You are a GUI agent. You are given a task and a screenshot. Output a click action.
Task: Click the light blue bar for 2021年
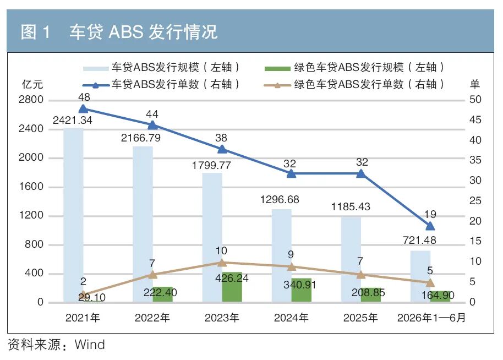tap(73, 215)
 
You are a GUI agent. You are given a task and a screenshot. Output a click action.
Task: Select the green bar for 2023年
tap(232, 287)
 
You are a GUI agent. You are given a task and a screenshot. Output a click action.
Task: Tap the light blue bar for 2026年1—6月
tap(420, 276)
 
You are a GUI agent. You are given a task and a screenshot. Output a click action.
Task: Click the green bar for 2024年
tap(301, 290)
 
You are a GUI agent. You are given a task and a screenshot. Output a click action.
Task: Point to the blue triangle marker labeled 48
tap(83, 108)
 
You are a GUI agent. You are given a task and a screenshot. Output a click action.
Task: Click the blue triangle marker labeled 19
tap(430, 226)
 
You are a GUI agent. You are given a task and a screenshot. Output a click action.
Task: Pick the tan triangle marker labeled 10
tap(222, 263)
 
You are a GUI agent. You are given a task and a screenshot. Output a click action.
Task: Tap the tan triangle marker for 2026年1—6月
tap(430, 283)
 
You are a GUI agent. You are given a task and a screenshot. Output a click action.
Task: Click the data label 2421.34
tap(73, 121)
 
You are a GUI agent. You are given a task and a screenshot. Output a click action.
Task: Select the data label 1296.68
tap(280, 200)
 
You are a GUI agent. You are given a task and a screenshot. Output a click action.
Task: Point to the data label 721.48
tap(419, 240)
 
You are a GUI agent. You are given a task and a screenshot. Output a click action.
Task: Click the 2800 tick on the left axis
tap(31, 100)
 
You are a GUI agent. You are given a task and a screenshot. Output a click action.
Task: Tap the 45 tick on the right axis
tap(475, 120)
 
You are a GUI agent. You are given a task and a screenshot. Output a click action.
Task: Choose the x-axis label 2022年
tap(152, 318)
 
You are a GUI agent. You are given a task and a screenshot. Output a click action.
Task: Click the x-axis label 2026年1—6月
tap(431, 318)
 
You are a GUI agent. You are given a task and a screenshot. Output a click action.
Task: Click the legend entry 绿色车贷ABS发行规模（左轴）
tap(354, 67)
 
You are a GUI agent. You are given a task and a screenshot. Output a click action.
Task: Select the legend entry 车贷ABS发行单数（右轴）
tap(161, 84)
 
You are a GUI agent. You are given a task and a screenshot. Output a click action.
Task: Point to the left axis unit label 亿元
tap(32, 84)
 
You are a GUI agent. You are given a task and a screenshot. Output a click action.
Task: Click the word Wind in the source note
tap(90, 345)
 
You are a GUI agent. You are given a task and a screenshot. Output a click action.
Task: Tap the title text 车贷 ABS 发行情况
tap(144, 32)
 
